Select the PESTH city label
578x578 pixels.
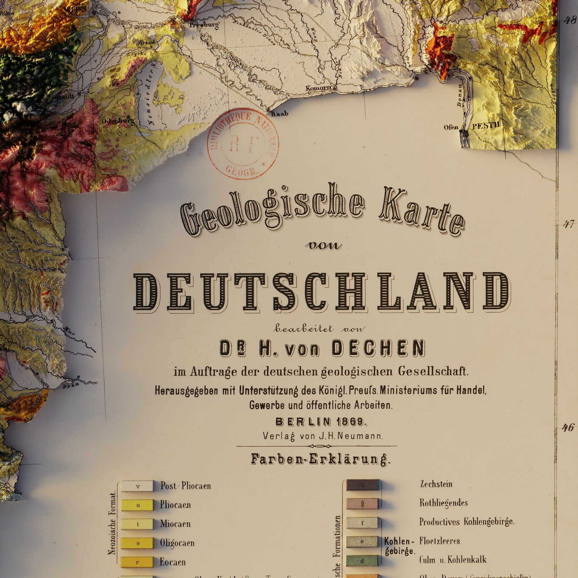click(x=486, y=126)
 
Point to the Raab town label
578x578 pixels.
click(x=280, y=114)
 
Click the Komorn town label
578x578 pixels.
click(x=319, y=88)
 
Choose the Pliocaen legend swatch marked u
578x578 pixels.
click(x=137, y=505)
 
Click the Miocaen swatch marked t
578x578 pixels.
click(x=137, y=524)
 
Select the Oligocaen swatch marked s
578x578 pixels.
click(x=137, y=543)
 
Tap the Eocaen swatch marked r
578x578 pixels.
click(x=137, y=562)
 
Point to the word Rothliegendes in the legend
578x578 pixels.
click(x=443, y=503)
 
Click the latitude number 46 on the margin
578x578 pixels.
click(x=567, y=427)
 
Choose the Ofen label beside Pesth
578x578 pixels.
click(x=451, y=127)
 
